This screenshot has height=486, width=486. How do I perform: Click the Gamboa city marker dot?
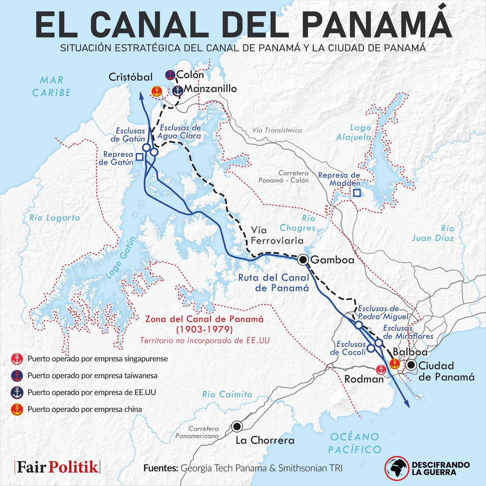click(x=303, y=260)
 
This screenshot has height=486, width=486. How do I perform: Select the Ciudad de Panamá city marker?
click(x=411, y=365)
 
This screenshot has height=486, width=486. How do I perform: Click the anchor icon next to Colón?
click(x=170, y=75)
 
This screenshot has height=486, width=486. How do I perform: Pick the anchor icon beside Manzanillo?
click(x=177, y=91)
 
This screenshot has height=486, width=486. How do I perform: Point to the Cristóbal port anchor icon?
click(x=156, y=92)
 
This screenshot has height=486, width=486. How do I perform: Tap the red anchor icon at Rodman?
click(x=381, y=369)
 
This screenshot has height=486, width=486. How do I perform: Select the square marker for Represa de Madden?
click(x=356, y=193)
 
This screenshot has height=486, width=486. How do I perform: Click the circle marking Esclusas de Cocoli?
click(x=371, y=348)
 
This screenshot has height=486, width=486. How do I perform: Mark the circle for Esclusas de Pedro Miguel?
click(x=358, y=325)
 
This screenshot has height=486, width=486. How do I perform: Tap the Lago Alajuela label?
click(x=354, y=132)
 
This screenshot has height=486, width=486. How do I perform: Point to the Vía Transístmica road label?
click(x=277, y=130)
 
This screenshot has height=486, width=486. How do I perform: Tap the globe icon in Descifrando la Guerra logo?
click(x=396, y=468)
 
